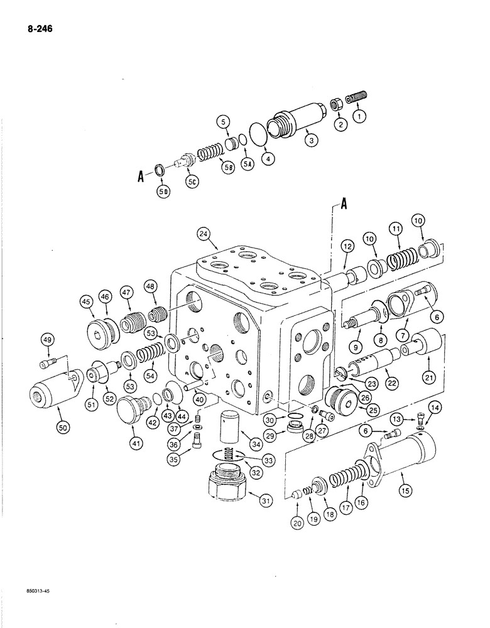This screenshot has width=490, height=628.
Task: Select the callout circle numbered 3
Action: coord(310,141)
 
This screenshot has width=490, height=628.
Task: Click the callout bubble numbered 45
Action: coord(85,303)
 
